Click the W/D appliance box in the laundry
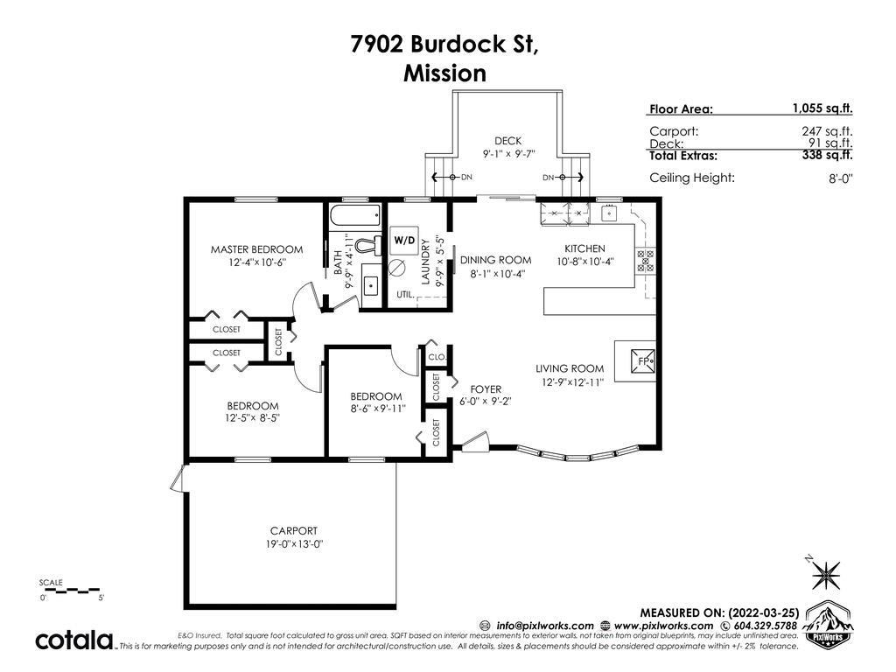pos(404,241)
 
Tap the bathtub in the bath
pos(355,215)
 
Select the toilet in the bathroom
pos(367,246)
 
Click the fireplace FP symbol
pos(643,361)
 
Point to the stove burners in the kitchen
pos(645,260)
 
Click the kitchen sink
pos(610,213)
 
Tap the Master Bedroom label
pos(256,249)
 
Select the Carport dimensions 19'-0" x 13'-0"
pos(294,544)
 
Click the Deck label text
pos(508,141)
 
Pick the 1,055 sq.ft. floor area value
pos(822,108)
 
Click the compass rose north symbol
pos(826,574)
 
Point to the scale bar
pos(70,589)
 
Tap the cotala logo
pos(75,640)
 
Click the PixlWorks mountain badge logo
pos(828,624)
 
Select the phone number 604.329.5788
pos(765,626)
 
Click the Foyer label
pos(486,389)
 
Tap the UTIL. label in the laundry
pos(405,295)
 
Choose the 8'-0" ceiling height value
pos(841,178)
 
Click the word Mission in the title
pos(445,73)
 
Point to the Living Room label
pos(570,368)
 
